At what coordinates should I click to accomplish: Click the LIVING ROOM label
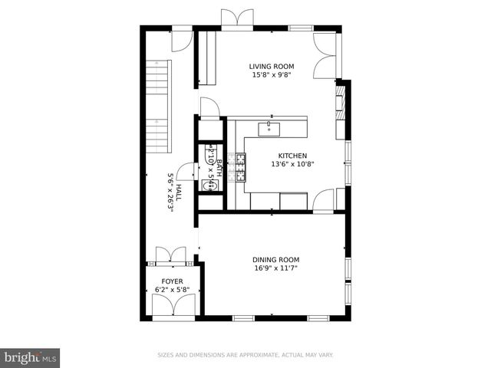point(272,67)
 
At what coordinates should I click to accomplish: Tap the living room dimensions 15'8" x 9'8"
point(272,75)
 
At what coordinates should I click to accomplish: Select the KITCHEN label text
point(292,154)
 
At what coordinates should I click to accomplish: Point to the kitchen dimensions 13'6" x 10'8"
point(292,163)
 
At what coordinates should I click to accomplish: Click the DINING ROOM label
point(275,260)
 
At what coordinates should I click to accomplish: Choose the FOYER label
point(172,281)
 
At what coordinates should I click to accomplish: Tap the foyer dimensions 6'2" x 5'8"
point(172,290)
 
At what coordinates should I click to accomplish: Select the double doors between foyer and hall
point(171,255)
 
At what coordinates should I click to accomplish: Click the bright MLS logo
point(31,357)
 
